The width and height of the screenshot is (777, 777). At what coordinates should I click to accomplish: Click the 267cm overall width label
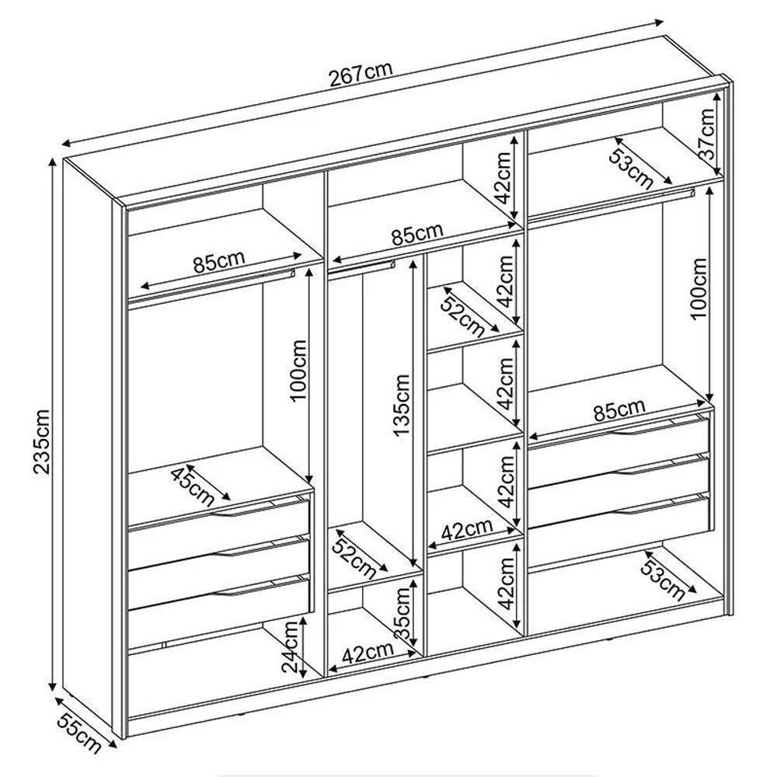coord(361,75)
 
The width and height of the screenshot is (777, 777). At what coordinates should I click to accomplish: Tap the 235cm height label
coord(42,441)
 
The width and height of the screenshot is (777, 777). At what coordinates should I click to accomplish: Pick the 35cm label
coord(402,614)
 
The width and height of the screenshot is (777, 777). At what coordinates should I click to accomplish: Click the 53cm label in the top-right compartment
coord(631,169)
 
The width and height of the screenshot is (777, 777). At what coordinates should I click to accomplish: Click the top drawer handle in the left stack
coord(242,510)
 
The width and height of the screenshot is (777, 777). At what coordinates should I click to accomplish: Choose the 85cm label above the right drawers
coord(619,409)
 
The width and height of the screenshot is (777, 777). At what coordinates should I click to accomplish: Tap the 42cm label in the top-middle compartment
coord(503,178)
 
